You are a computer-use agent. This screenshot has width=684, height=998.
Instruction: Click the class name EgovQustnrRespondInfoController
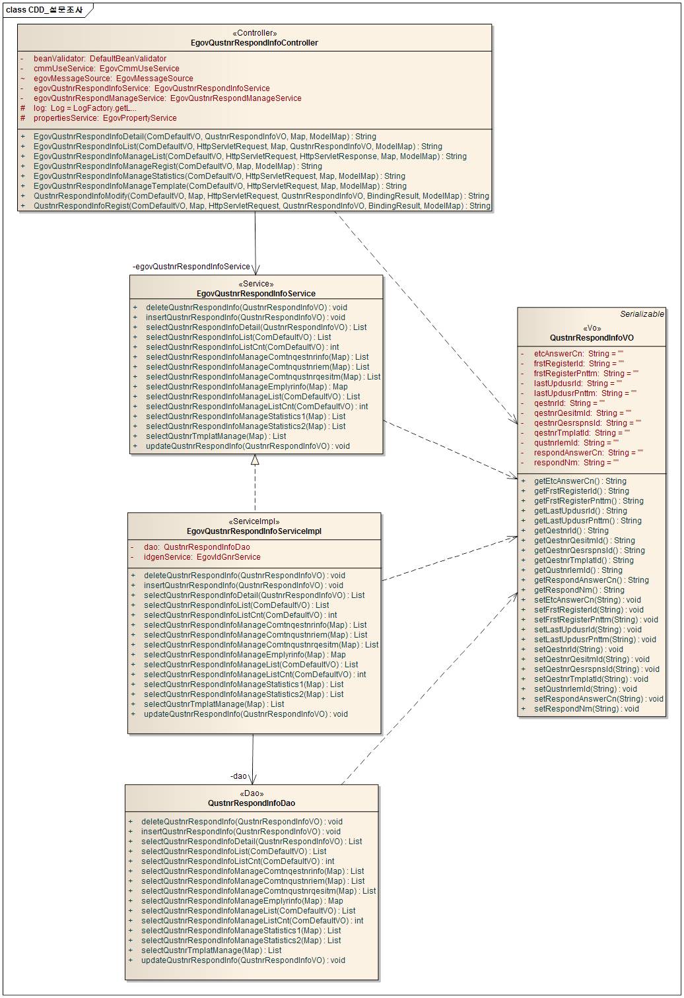[254, 43]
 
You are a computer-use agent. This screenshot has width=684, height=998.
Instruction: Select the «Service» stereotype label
[256, 284]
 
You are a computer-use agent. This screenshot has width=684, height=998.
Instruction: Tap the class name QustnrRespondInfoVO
[592, 338]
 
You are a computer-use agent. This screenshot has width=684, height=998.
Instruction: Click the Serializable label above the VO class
[642, 314]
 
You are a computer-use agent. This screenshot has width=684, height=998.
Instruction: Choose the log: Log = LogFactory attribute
[85, 108]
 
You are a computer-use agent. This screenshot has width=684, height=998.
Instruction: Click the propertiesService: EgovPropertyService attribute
[105, 118]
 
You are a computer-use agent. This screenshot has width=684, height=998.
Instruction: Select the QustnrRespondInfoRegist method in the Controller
[262, 206]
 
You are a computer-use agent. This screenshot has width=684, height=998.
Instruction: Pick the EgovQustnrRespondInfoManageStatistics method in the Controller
[219, 176]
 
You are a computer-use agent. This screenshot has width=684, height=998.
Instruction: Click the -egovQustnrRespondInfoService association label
[191, 267]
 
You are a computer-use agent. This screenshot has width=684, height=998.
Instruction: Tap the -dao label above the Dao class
[238, 776]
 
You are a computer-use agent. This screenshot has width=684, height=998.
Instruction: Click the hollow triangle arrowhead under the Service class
[255, 460]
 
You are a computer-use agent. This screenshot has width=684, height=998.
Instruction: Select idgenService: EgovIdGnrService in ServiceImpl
[202, 557]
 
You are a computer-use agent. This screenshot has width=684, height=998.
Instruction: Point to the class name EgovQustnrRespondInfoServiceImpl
[254, 531]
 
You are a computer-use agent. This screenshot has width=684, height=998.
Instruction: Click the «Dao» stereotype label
[252, 793]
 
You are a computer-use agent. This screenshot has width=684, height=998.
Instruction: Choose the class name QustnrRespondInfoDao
[252, 803]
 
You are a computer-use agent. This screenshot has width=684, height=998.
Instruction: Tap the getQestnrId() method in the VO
[571, 531]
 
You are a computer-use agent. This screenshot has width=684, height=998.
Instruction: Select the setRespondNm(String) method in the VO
[586, 709]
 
